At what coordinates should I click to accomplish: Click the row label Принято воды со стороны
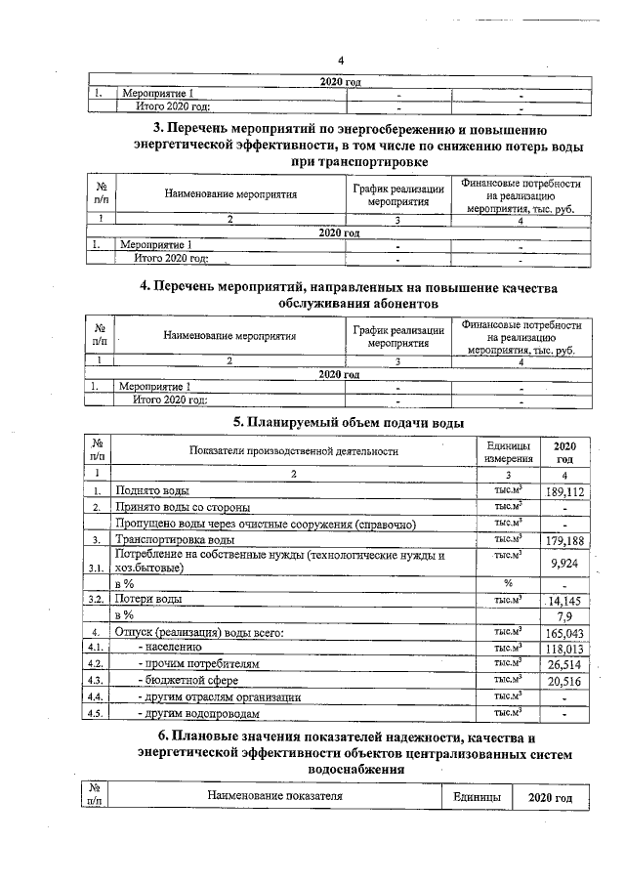[x=183, y=508]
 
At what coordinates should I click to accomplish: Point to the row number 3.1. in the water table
[x=96, y=568]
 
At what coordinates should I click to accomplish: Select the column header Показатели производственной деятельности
[x=294, y=451]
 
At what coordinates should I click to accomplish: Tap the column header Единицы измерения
[x=508, y=451]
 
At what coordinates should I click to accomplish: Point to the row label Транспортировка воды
[x=175, y=540]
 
